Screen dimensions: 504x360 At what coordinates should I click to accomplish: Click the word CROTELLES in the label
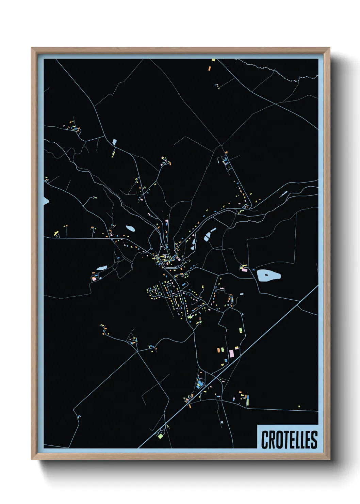tap(289, 440)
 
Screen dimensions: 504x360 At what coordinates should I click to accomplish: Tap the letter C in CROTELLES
tap(265, 440)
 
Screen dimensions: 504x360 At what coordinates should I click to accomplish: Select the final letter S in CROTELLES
tap(314, 440)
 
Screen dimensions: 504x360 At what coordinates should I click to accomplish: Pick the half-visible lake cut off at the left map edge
tap(46, 201)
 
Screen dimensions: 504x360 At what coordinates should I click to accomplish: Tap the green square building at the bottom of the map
tap(160, 435)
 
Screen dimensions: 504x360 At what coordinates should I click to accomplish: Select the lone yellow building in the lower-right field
tap(299, 406)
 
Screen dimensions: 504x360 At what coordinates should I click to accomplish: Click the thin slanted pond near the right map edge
tap(284, 194)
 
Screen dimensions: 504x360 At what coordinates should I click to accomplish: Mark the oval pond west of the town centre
tap(130, 229)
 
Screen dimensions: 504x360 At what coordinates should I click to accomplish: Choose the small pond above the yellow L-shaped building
tap(114, 142)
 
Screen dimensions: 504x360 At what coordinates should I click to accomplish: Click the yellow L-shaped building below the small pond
tap(113, 154)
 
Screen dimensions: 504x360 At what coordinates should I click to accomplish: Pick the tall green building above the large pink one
tap(240, 330)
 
